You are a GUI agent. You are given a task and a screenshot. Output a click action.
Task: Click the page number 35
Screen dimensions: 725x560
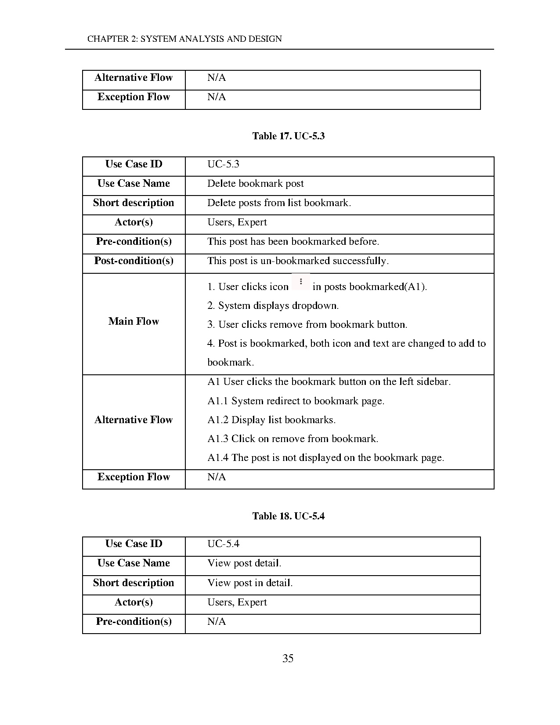click(288, 658)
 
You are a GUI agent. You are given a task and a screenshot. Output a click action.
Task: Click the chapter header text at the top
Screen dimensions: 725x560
click(184, 39)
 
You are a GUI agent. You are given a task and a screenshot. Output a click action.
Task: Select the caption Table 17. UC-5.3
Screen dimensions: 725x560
click(288, 136)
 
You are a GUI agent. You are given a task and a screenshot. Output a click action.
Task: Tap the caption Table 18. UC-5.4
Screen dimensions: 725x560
click(288, 516)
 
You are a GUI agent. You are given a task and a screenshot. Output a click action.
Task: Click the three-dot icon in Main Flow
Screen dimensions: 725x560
click(301, 282)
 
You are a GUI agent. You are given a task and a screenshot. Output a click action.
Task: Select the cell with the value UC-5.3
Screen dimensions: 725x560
click(223, 164)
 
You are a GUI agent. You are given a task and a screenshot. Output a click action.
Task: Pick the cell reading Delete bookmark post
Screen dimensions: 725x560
click(255, 184)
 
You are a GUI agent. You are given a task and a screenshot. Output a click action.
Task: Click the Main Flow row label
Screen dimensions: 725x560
click(134, 322)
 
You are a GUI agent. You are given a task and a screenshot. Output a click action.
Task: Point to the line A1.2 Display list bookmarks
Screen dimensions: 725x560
click(271, 420)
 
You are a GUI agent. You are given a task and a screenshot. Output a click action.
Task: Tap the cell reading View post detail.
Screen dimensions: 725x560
click(244, 563)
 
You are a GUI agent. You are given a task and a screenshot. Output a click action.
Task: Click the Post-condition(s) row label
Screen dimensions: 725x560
click(134, 261)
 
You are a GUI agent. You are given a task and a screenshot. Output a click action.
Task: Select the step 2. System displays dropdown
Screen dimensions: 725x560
click(273, 306)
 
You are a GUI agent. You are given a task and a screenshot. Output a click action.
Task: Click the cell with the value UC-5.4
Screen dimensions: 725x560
click(223, 544)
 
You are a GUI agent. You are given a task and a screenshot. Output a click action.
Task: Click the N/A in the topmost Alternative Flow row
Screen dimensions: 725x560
click(217, 78)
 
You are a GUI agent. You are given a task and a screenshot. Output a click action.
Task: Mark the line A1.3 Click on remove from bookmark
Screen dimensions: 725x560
click(293, 439)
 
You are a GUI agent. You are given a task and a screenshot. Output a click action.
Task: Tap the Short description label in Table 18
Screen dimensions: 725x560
click(134, 583)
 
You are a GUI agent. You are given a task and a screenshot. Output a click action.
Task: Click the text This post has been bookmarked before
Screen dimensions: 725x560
click(293, 242)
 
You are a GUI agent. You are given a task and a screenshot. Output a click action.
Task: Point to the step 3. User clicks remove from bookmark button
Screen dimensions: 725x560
click(307, 325)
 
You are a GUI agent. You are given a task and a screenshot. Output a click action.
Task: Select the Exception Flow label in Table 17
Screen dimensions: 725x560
click(134, 477)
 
